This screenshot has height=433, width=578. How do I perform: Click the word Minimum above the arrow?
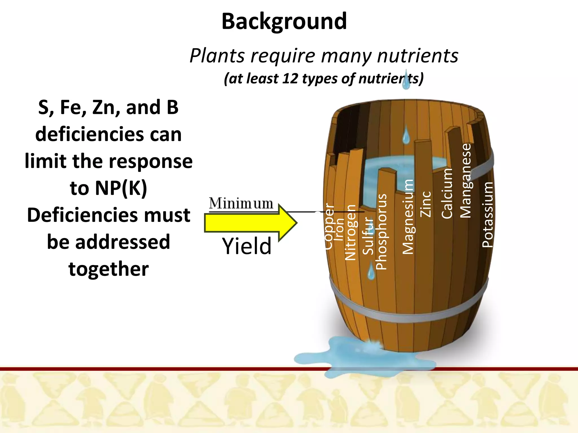[241, 203]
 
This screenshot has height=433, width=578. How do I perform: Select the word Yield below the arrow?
[247, 246]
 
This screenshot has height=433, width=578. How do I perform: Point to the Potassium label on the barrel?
[487, 215]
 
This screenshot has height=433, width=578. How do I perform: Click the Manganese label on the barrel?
[466, 181]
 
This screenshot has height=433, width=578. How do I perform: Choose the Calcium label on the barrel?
[447, 193]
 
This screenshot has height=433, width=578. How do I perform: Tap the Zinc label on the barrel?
[426, 204]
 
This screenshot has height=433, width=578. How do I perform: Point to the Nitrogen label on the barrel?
[351, 232]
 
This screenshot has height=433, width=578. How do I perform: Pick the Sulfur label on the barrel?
[368, 236]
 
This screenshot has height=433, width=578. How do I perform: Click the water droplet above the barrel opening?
[406, 135]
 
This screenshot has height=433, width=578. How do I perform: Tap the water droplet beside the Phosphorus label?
[371, 271]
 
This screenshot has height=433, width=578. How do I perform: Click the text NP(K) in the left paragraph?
[109, 188]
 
